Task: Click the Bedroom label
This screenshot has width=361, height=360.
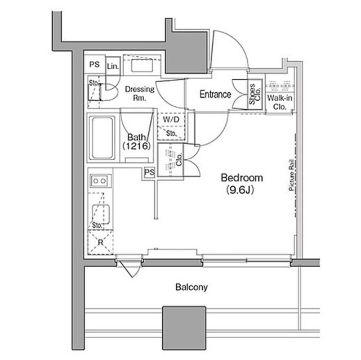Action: click(242, 178)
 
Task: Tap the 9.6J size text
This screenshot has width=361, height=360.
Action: click(240, 190)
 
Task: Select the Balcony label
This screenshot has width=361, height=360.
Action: click(191, 287)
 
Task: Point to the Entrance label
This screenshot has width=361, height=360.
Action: click(215, 94)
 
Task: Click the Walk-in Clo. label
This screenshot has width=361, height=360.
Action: click(280, 102)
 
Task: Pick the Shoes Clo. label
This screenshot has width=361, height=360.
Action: click(255, 94)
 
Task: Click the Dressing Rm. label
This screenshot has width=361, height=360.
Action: click(140, 93)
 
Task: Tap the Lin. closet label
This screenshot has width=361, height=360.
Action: click(113, 66)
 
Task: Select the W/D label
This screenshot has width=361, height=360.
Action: click(171, 119)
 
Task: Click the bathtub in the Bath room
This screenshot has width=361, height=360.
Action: click(102, 138)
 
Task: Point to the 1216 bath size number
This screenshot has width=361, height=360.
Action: click(136, 146)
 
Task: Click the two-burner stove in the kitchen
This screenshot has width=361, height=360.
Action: click(101, 181)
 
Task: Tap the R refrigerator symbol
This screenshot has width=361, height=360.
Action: click(100, 242)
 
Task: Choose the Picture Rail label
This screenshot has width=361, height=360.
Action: click(291, 175)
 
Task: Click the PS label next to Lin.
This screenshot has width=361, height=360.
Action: click(95, 64)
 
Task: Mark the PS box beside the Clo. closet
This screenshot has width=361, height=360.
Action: click(149, 172)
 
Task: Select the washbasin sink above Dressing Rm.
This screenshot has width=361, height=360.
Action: click(142, 65)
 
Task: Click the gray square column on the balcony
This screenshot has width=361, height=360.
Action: click(184, 328)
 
